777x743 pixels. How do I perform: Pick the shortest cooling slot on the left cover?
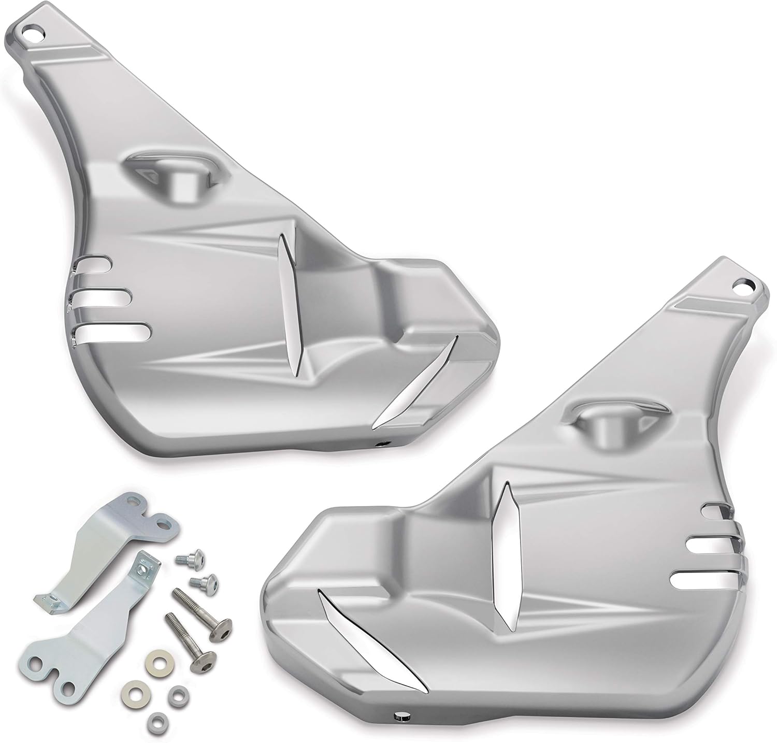pyautogui.click(x=97, y=265)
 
